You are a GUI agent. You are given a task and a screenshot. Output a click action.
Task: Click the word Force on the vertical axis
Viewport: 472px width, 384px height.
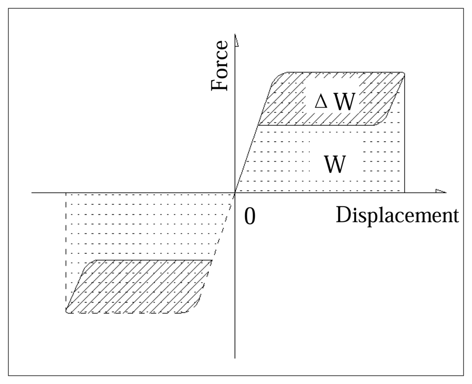pyautogui.click(x=219, y=66)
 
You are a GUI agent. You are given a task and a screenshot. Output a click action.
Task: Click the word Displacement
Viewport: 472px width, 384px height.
pyautogui.click(x=397, y=215)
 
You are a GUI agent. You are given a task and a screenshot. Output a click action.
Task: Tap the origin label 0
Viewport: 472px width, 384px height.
pyautogui.click(x=249, y=217)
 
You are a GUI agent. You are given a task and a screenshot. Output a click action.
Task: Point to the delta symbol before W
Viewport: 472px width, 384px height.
pyautogui.click(x=320, y=102)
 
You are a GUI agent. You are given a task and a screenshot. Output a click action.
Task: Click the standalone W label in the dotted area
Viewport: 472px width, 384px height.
pyautogui.click(x=335, y=164)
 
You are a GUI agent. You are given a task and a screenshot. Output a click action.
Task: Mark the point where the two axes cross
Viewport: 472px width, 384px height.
pyautogui.click(x=235, y=193)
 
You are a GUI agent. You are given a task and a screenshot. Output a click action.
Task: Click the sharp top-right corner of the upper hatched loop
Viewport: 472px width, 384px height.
pyautogui.click(x=404, y=74)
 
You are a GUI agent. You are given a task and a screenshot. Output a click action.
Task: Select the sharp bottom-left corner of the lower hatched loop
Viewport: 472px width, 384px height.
pyautogui.click(x=67, y=310)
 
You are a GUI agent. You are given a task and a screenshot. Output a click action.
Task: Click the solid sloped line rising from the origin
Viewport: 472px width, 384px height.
pyautogui.click(x=247, y=157)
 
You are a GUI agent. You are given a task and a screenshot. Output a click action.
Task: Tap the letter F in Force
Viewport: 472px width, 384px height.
pyautogui.click(x=219, y=85)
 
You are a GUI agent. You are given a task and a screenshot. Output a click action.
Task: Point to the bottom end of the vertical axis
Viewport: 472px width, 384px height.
pyautogui.click(x=235, y=357)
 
